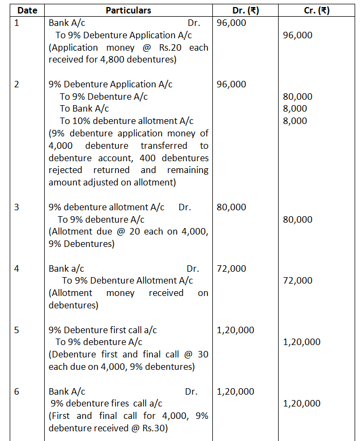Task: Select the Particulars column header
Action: coord(128,10)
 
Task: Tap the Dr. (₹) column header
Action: coord(244,10)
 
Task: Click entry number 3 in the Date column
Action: coord(17,207)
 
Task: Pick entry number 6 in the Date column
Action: coord(17,391)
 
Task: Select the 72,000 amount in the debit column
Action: coord(231,268)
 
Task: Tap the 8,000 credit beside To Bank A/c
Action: coord(295,108)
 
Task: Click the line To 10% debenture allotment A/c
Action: coord(126,121)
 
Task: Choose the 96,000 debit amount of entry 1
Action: coord(231,23)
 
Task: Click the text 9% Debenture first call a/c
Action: coord(102,330)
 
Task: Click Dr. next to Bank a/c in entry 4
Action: coord(192,268)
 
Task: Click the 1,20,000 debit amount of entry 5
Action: coord(236,330)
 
